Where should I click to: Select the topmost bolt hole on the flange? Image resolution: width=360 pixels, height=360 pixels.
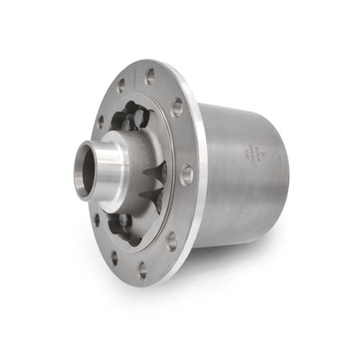(x=150, y=76)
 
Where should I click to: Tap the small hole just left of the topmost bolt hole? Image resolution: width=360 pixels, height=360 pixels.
(x=120, y=85)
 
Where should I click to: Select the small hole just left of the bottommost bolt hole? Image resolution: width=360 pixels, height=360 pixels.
(x=113, y=256)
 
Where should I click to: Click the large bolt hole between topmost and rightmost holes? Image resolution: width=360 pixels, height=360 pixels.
(x=177, y=109)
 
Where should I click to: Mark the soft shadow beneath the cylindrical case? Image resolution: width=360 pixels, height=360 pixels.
(x=251, y=251)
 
